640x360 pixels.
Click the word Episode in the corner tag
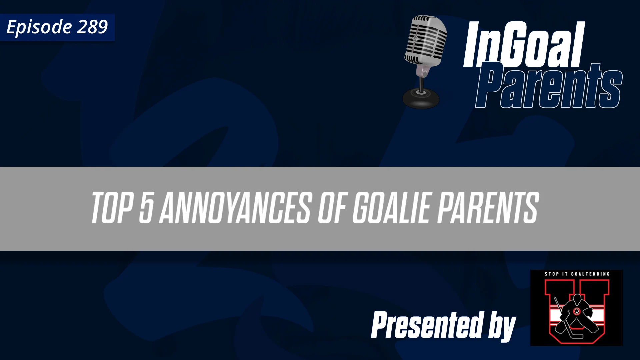pos(39,27)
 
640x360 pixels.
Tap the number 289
pos(92,27)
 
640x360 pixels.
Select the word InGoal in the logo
pos(523,45)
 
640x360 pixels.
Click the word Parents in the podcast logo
pos(548,87)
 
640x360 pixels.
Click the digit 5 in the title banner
pos(146,208)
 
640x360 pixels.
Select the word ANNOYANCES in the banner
pos(235,208)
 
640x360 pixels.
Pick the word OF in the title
pos(332,208)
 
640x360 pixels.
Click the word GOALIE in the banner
pos(392,208)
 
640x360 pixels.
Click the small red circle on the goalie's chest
pos(577,311)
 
